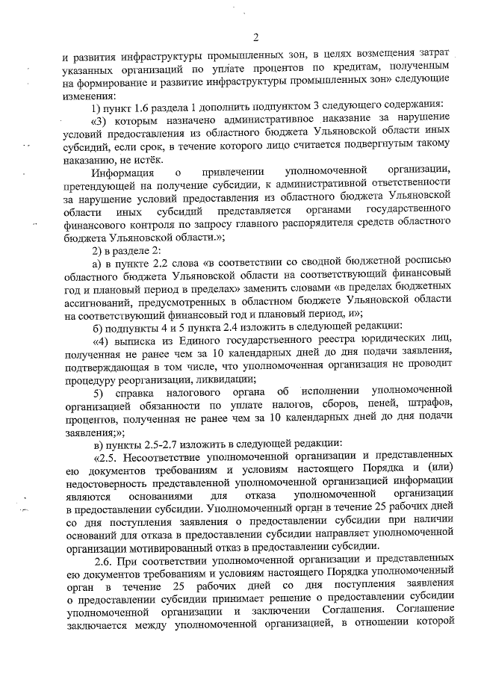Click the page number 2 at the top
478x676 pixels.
click(x=255, y=38)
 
